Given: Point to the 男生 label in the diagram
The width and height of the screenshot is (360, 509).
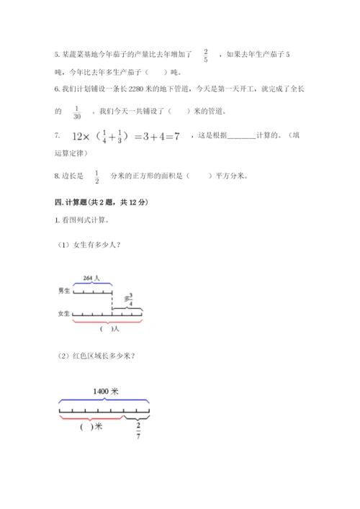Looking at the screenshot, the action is point(63,290).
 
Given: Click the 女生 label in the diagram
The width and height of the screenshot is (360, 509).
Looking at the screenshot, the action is point(63,314).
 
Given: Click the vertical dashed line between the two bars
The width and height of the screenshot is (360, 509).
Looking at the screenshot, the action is point(113,302).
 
